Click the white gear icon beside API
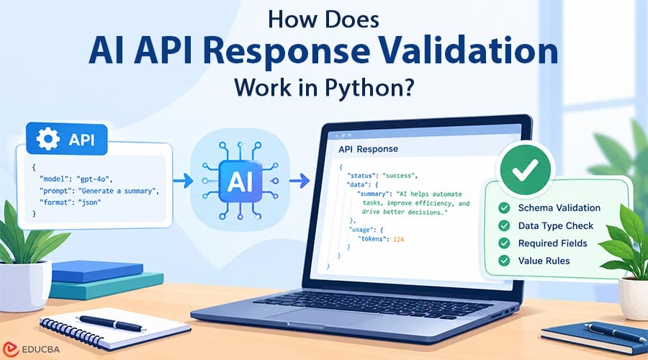coord(48,138)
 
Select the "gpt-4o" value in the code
coord(94,179)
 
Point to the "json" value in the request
coord(90,202)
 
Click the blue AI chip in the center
coord(240,181)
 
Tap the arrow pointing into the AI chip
coord(183,181)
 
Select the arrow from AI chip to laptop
coord(300,181)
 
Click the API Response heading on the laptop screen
coord(368,149)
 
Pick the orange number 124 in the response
coord(398,239)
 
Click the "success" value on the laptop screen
coord(400,175)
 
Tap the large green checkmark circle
coord(525,168)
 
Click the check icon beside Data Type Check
coord(504,225)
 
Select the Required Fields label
coord(552,243)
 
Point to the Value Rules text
coord(544,261)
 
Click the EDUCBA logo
coord(31,349)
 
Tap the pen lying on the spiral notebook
coord(111,323)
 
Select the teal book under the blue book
coord(107,286)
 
